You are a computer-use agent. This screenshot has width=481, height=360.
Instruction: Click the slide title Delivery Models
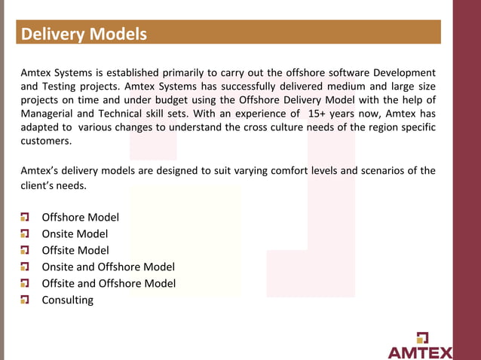(84, 35)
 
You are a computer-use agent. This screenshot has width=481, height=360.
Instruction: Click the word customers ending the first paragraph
(47, 141)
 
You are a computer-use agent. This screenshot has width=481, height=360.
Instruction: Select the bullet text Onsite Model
(75, 233)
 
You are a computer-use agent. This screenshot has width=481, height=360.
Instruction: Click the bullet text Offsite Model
(75, 250)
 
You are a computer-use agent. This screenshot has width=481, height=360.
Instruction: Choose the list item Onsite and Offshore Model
(108, 267)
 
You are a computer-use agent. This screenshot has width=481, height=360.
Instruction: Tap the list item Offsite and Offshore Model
(109, 283)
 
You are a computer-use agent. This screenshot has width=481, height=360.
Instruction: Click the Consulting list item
(68, 300)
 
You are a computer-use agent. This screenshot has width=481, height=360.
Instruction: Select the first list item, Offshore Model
(80, 217)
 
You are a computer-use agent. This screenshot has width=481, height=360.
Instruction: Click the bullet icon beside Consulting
(25, 300)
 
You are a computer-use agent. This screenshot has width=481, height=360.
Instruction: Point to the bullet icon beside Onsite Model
(25, 233)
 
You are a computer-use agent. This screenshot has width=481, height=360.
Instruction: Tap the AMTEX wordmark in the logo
(420, 352)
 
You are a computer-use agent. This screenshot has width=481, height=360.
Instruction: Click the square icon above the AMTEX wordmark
(421, 337)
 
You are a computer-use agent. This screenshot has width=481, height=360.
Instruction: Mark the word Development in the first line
(400, 73)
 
